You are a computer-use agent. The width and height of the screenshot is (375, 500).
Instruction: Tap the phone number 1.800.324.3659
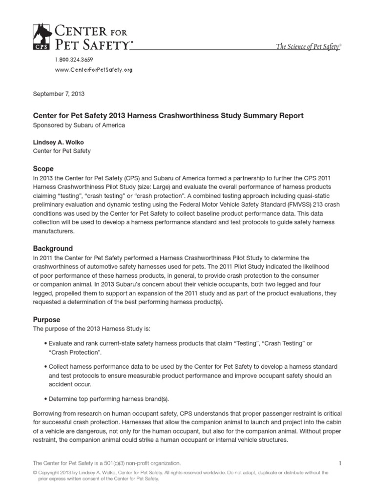coord(73,60)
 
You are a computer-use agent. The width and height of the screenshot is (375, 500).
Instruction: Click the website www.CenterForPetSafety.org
coord(92,70)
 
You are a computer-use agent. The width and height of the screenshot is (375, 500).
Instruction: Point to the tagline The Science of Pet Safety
coord(308,47)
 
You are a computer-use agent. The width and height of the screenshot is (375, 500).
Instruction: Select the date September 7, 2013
coord(55,93)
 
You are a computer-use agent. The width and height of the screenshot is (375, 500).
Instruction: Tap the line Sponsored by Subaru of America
coord(79,125)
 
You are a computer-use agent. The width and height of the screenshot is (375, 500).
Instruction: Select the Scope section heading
coord(43,168)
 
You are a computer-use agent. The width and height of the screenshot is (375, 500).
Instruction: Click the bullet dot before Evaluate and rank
coord(45,343)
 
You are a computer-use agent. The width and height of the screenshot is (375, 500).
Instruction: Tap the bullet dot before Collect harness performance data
coord(45,366)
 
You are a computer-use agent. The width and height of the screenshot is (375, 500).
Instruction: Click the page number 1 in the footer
coord(339,462)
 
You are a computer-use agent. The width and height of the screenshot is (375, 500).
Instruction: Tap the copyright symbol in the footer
coord(35,473)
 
